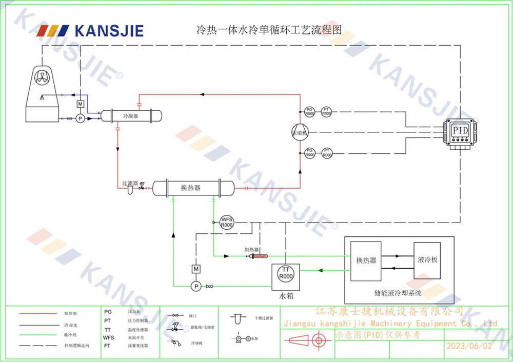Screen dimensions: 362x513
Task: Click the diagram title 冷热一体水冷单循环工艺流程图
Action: (269, 30)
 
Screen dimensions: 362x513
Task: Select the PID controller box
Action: (460, 131)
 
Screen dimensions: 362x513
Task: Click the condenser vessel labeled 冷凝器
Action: (131, 116)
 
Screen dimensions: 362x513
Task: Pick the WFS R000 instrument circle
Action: (227, 223)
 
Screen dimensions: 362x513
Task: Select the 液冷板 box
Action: (427, 260)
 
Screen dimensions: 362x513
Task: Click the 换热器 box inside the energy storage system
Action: (366, 260)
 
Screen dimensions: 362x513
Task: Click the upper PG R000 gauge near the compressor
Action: (309, 111)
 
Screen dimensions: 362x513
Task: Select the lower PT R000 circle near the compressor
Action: (326, 152)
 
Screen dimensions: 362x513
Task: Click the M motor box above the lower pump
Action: (195, 269)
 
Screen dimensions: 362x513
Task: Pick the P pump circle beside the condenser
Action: (80, 118)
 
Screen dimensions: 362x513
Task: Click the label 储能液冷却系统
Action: (398, 294)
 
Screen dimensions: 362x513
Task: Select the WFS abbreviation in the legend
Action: (108, 338)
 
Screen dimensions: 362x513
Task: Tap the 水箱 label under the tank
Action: (286, 296)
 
